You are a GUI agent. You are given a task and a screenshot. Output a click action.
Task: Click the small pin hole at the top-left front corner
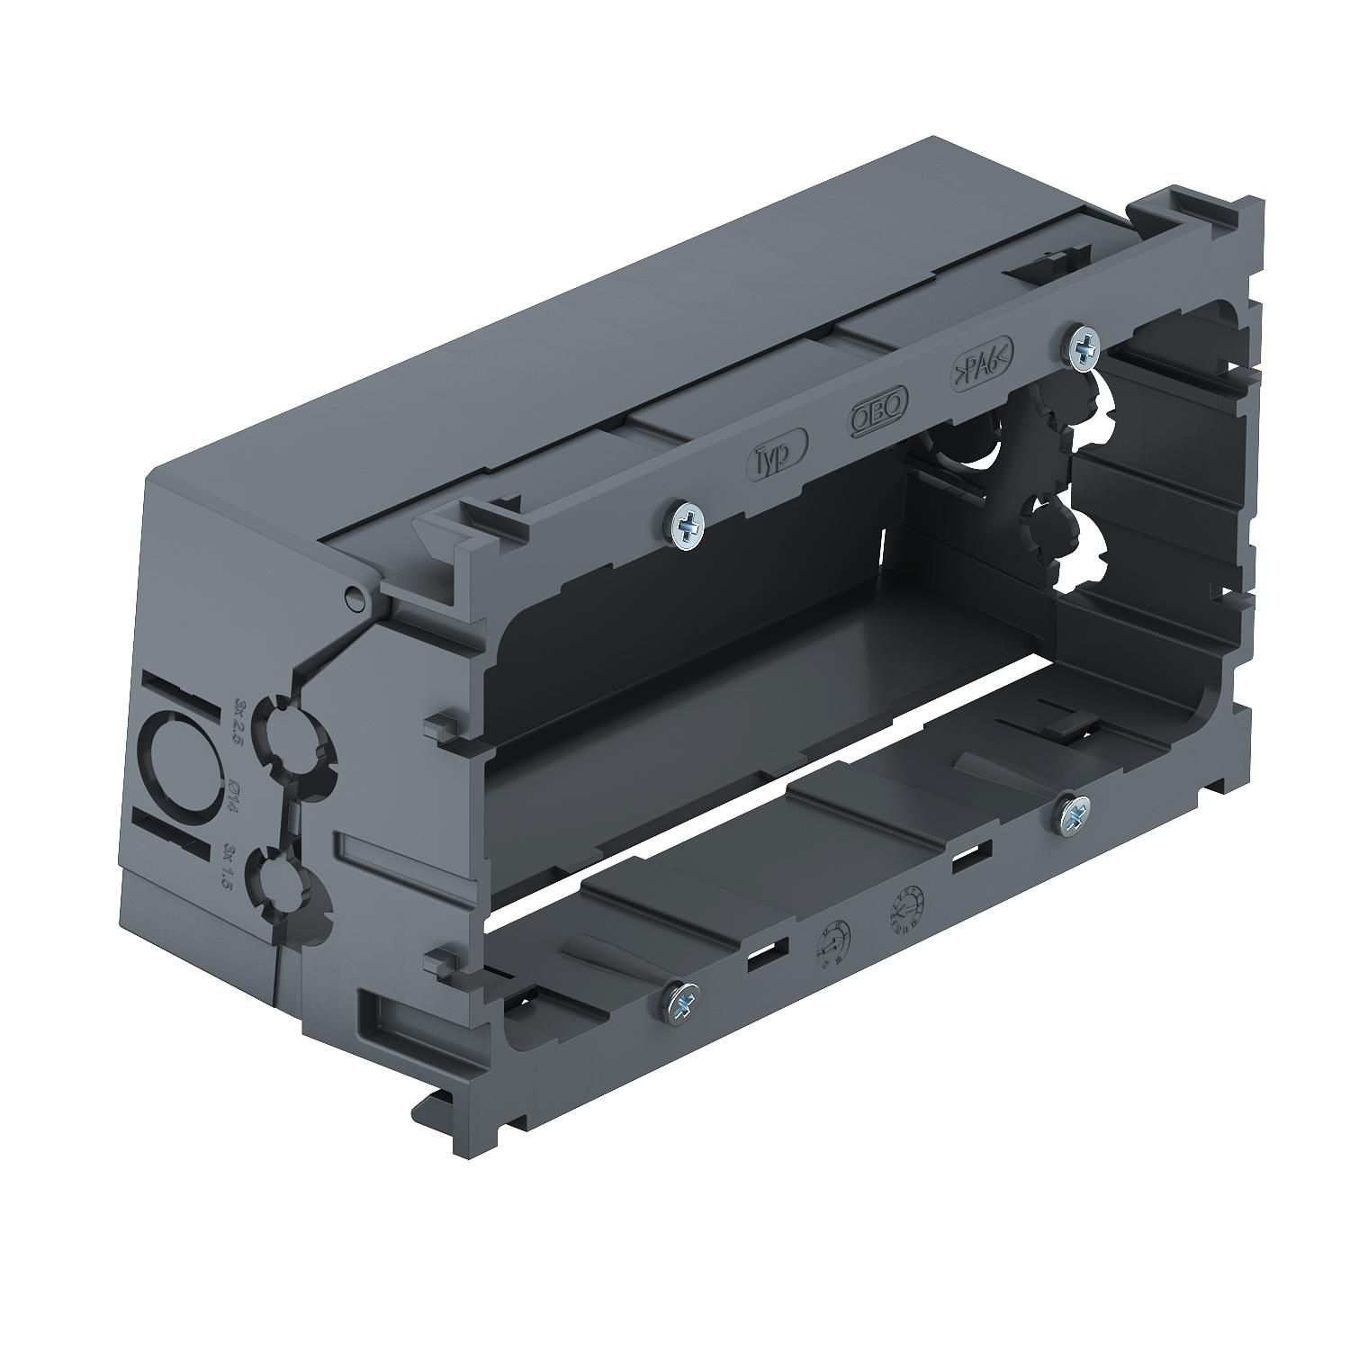(x=356, y=595)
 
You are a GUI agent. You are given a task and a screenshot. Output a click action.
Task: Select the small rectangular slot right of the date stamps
(x=973, y=852)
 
